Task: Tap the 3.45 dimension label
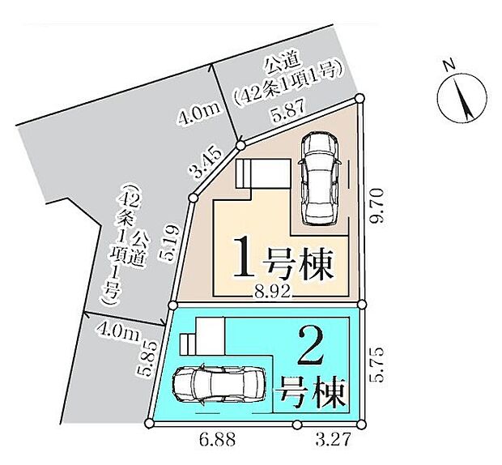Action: pyautogui.click(x=206, y=164)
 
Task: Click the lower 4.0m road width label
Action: pyautogui.click(x=117, y=330)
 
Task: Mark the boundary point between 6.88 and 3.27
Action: pyautogui.click(x=297, y=424)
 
